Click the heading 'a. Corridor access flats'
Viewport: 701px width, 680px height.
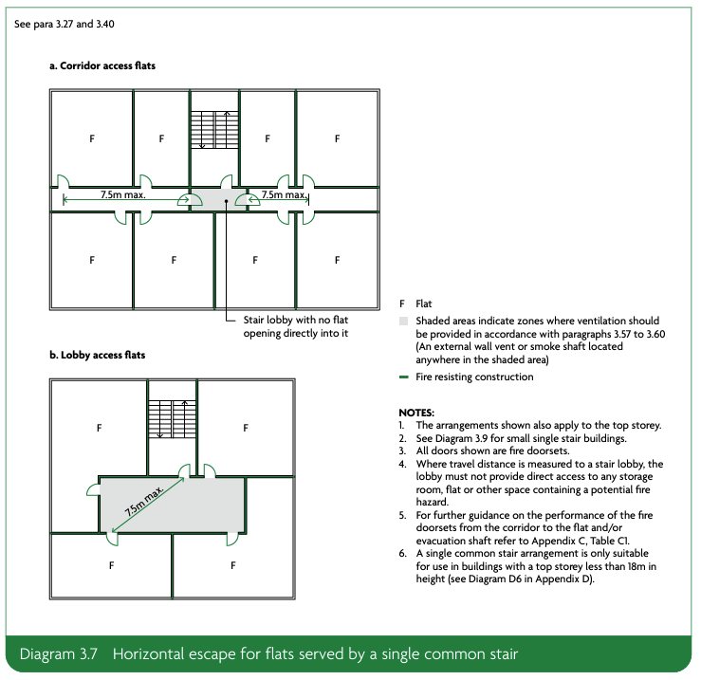coord(102,66)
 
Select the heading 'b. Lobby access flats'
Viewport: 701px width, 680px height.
coord(97,356)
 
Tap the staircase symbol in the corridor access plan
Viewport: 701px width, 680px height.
coord(213,129)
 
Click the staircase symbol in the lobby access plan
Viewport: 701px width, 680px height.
coord(172,417)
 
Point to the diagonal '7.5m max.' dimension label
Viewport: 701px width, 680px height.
coord(144,501)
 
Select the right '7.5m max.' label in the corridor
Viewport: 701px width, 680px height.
coord(283,194)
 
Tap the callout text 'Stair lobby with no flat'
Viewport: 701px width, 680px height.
coord(297,321)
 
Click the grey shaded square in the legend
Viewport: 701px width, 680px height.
coord(403,322)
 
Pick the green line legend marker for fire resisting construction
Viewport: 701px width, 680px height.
coord(403,377)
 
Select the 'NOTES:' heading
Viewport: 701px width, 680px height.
coord(417,413)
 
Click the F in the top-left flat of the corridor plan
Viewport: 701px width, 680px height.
coord(92,138)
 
